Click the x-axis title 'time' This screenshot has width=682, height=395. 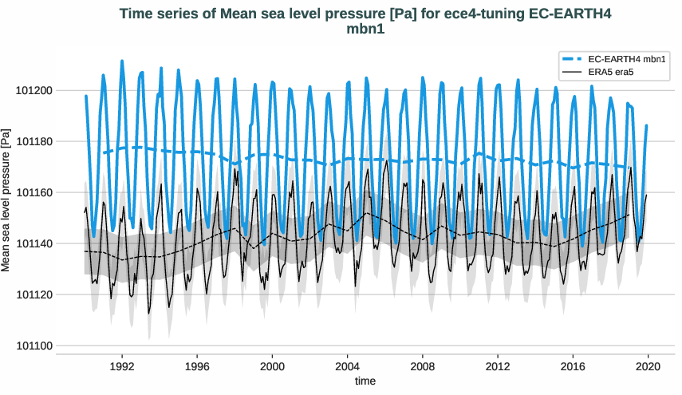(365, 381)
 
